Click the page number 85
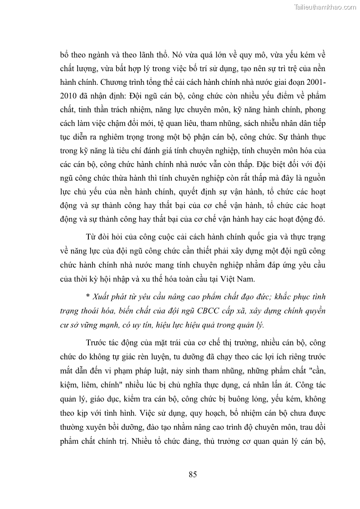(x=192, y=475)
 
